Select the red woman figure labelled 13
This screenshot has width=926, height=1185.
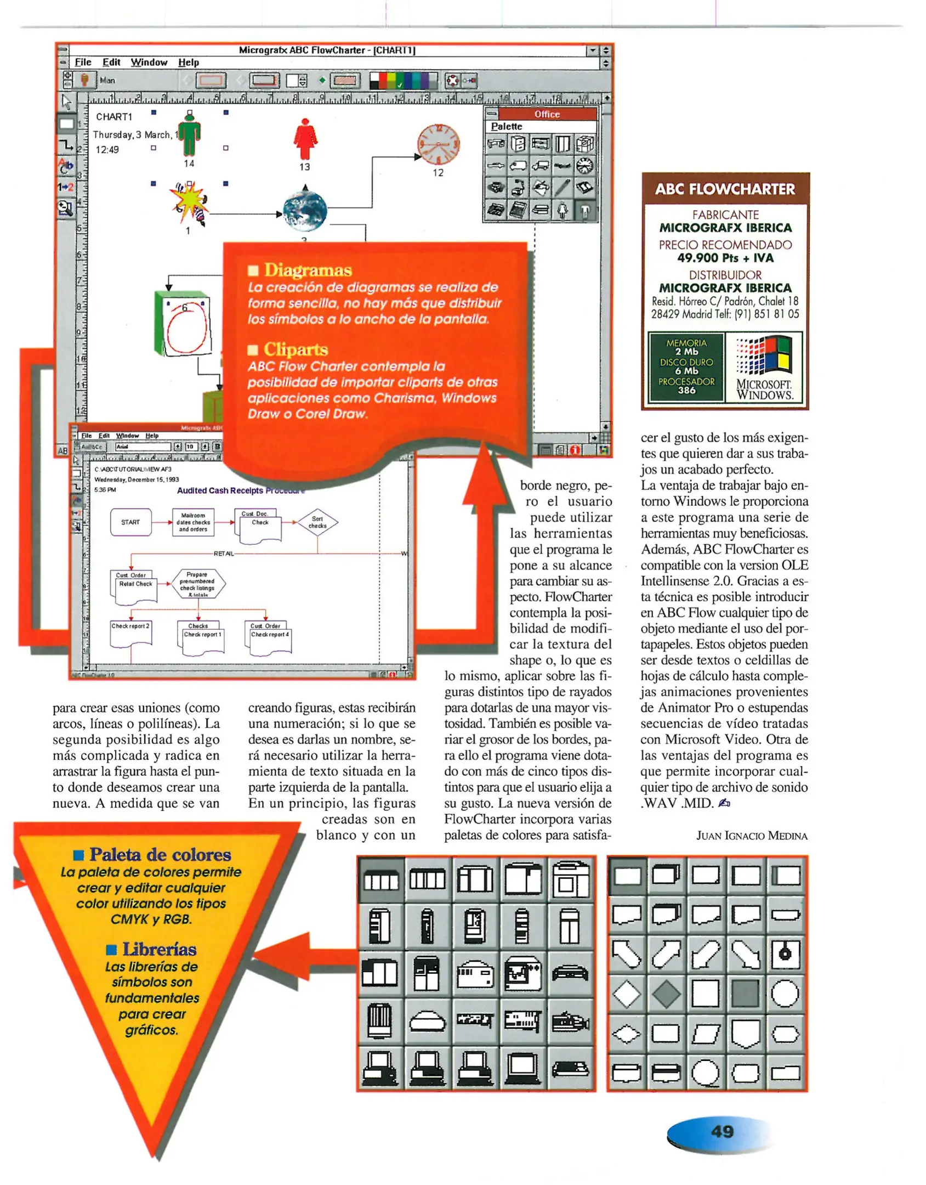305,139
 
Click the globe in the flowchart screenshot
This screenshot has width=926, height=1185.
305,211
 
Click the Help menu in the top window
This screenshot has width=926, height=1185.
188,63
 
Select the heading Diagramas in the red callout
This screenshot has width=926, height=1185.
308,270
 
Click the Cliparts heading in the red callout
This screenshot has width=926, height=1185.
296,349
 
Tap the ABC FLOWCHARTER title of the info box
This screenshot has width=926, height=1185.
724,189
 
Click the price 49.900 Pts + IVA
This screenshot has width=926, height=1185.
725,258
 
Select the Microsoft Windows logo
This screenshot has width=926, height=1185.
764,367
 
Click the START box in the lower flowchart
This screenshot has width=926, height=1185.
130,522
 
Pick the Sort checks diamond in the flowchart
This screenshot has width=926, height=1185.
317,522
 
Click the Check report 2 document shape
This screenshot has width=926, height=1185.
130,633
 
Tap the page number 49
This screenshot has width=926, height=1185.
722,1132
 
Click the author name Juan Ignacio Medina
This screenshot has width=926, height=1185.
751,836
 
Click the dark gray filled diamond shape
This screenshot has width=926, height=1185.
666,994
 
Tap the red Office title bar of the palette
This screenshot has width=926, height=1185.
547,114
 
